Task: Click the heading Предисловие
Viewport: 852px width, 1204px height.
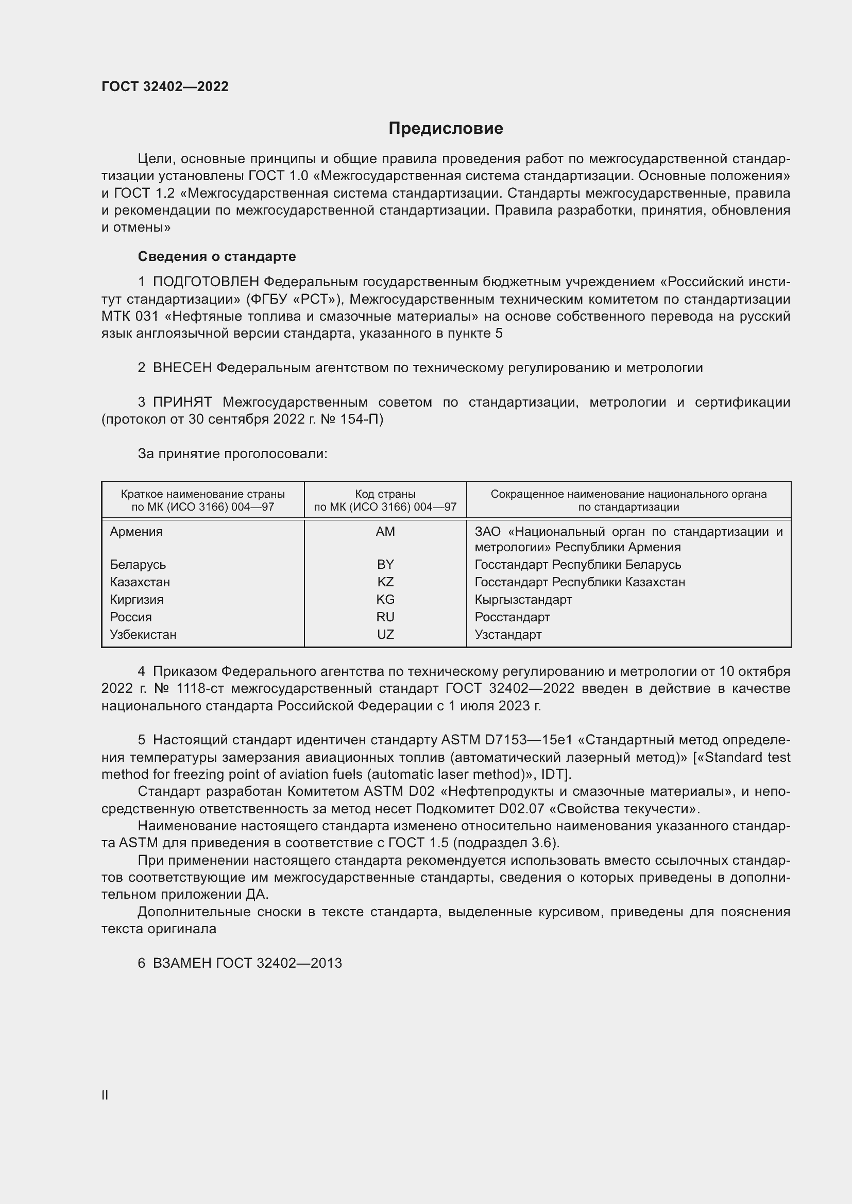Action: coord(446,129)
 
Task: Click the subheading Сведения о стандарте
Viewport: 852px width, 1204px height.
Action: coord(217,256)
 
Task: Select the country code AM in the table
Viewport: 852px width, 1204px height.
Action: coord(385,532)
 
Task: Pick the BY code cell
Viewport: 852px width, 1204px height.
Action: coord(385,565)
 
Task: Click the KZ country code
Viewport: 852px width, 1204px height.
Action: coord(385,582)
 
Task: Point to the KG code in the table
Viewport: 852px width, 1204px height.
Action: coord(385,599)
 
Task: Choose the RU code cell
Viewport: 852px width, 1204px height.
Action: coord(385,617)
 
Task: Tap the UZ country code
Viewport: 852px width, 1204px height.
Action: coord(385,635)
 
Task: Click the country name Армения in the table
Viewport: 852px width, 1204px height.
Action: coord(137,532)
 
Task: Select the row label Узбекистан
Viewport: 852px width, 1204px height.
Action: coord(143,635)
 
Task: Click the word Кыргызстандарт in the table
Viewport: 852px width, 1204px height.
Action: coord(523,599)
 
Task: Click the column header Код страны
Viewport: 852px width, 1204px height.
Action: coord(385,494)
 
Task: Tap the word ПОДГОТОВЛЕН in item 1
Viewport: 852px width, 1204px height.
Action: coord(206,282)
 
